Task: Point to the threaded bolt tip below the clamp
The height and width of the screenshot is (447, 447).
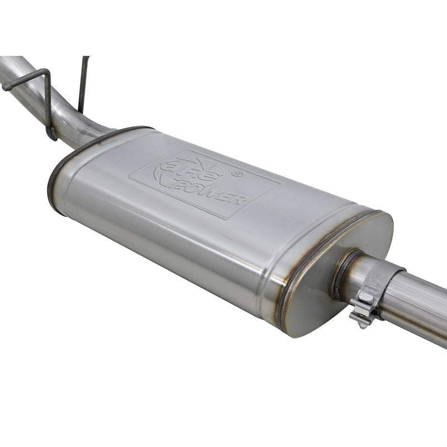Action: click(362, 326)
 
